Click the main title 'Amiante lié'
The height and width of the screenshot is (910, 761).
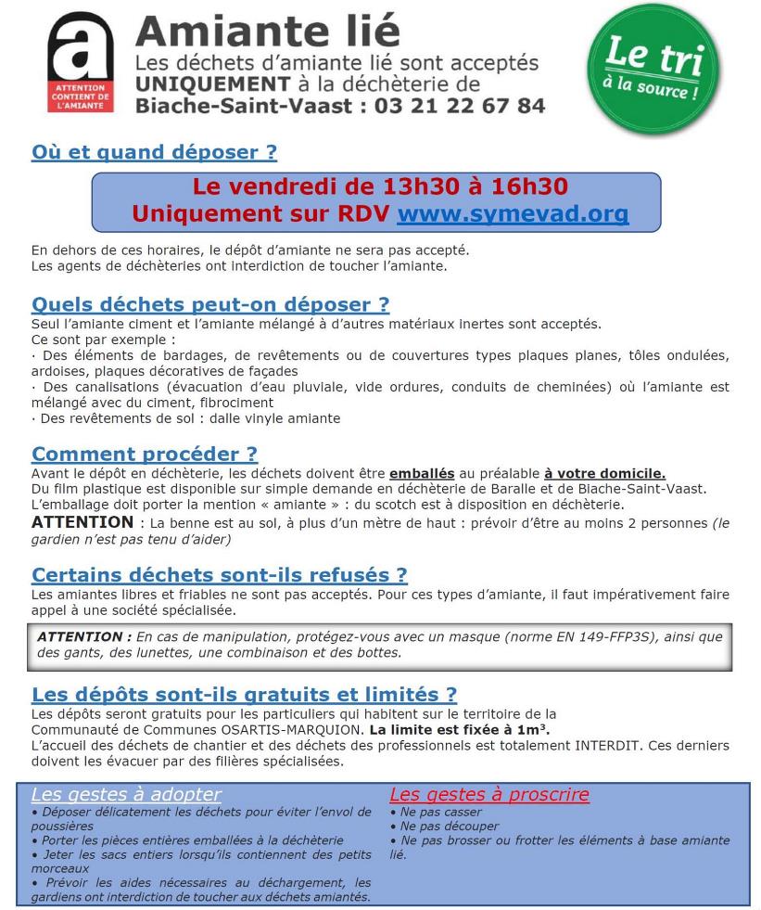(x=268, y=32)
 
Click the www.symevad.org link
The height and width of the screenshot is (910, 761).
(x=513, y=214)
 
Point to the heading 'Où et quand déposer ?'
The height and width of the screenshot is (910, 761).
(x=154, y=152)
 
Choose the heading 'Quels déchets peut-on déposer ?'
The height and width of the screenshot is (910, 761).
(x=210, y=304)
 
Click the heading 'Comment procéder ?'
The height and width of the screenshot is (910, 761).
(x=145, y=454)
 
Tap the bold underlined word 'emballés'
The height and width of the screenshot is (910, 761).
(x=418, y=472)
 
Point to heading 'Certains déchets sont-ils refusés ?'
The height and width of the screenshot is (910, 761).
(x=220, y=576)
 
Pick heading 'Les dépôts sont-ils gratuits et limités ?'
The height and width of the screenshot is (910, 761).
(x=245, y=694)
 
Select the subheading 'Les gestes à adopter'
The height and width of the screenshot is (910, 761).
(x=127, y=794)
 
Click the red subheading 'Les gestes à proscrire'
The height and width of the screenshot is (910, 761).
(x=489, y=794)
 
